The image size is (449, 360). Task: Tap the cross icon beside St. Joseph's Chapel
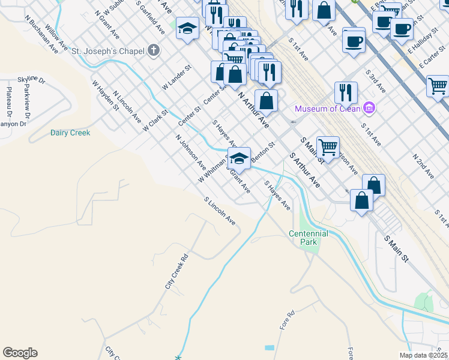pyautogui.click(x=154, y=50)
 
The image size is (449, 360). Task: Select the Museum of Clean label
pyautogui.click(x=327, y=109)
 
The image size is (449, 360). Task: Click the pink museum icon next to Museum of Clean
pyautogui.click(x=369, y=109)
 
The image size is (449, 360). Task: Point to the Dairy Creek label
pyautogui.click(x=70, y=133)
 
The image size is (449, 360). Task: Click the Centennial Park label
pyautogui.click(x=308, y=238)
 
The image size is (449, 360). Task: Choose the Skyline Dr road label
pyautogui.click(x=31, y=79)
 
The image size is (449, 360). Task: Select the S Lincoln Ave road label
pyautogui.click(x=219, y=211)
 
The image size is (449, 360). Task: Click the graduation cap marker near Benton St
pyautogui.click(x=240, y=159)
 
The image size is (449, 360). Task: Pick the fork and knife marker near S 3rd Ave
pyautogui.click(x=346, y=92)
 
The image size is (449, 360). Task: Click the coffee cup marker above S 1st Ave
pyautogui.click(x=354, y=41)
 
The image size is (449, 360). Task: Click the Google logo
pyautogui.click(x=20, y=353)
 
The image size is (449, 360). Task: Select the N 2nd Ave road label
pyautogui.click(x=423, y=166)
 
